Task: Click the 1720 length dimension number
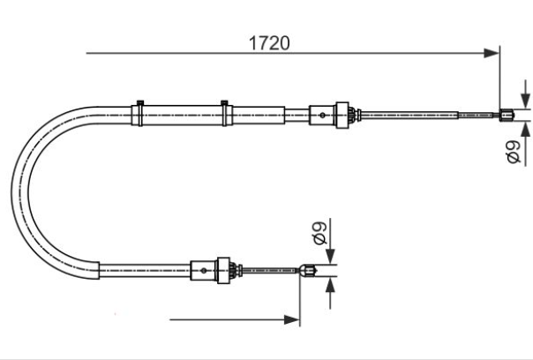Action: pyautogui.click(x=269, y=43)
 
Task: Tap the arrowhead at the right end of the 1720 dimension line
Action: pyautogui.click(x=492, y=53)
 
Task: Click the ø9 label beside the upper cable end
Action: pyautogui.click(x=514, y=152)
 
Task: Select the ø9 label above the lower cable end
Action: pyautogui.click(x=319, y=233)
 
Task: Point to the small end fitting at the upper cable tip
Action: pyautogui.click(x=507, y=115)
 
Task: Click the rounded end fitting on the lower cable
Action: pyautogui.click(x=308, y=271)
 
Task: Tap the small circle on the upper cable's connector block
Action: pyautogui.click(x=322, y=116)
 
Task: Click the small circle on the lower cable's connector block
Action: pyautogui.click(x=204, y=271)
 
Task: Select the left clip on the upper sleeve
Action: pyautogui.click(x=139, y=114)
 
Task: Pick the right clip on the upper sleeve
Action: pyautogui.click(x=224, y=114)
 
